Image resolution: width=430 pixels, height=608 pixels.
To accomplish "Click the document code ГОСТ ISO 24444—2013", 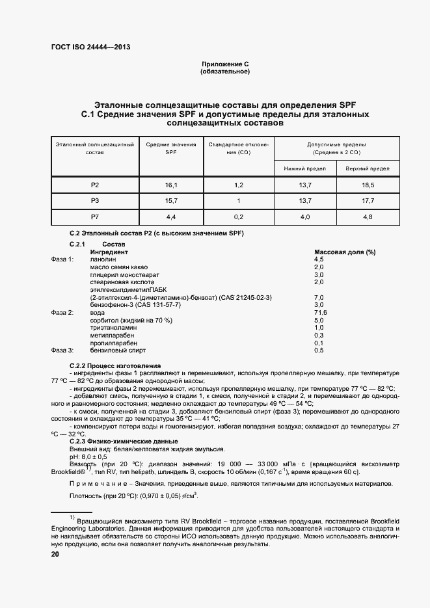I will pyautogui.click(x=86, y=47).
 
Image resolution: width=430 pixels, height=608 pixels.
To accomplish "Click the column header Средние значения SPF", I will pyautogui.click(x=171, y=148).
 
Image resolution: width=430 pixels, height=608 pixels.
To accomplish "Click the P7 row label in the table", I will pyautogui.click(x=95, y=217).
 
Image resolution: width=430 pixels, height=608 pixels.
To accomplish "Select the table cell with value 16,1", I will pyautogui.click(x=171, y=185).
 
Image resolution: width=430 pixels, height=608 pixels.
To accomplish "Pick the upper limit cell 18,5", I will pyautogui.click(x=368, y=185).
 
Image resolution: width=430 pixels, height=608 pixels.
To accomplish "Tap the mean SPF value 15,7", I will pyautogui.click(x=171, y=201).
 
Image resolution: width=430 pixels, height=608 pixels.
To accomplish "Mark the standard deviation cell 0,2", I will pyautogui.click(x=238, y=217).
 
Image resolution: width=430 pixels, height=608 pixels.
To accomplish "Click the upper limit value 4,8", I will pyautogui.click(x=368, y=217).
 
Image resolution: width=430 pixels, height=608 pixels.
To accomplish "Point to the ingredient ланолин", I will pyautogui.click(x=103, y=259).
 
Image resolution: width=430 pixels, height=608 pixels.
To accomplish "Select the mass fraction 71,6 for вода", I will pyautogui.click(x=320, y=313).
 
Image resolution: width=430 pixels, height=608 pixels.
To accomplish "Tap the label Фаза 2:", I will pyautogui.click(x=62, y=313).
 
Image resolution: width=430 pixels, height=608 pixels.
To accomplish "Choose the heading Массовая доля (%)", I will pyautogui.click(x=345, y=252).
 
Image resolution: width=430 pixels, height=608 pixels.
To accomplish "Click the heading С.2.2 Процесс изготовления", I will pyautogui.click(x=114, y=365).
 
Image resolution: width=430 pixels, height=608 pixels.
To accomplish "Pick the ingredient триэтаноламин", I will pyautogui.click(x=111, y=328).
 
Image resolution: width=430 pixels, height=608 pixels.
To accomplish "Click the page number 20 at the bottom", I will pyautogui.click(x=55, y=554).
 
